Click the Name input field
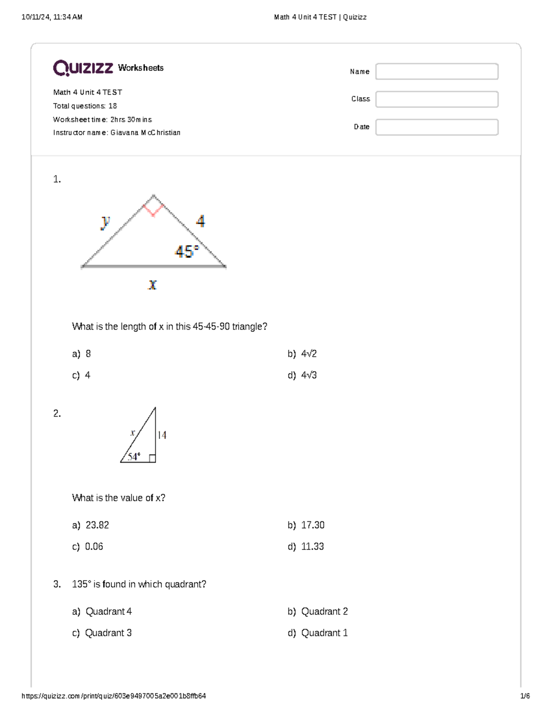(437, 72)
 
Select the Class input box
(437, 99)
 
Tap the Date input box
(437, 127)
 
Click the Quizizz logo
(83, 68)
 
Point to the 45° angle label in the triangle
(186, 251)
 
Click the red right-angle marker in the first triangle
(153, 209)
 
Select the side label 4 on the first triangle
(201, 222)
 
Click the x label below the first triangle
(152, 285)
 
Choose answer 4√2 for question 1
(309, 354)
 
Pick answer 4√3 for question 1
(309, 375)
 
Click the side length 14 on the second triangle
(162, 435)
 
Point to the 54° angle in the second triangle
(134, 457)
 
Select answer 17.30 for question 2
(312, 525)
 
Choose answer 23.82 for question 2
(97, 525)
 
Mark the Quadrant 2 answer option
(324, 611)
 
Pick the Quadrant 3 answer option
(109, 633)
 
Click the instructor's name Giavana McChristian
(145, 133)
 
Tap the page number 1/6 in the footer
(525, 696)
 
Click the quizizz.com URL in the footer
(114, 696)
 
